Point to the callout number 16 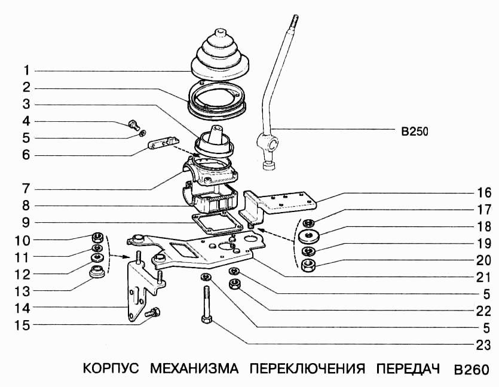(x=484, y=193)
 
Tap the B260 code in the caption (x=472, y=368)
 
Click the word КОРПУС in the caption (x=111, y=368)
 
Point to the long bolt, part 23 (x=206, y=305)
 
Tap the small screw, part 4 (x=133, y=125)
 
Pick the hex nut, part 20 (x=309, y=265)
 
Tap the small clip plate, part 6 (x=162, y=145)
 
